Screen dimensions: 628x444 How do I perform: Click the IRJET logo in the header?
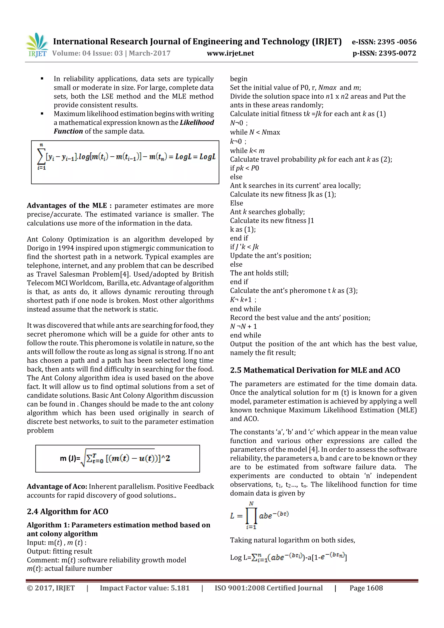[x=37, y=45]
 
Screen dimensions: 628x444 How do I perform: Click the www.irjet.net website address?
[x=230, y=53]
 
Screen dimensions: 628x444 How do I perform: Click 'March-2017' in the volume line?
[x=150, y=53]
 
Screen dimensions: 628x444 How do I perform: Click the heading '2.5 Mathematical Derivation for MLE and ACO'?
[x=315, y=370]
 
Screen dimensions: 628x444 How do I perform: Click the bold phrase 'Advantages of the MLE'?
[x=67, y=206]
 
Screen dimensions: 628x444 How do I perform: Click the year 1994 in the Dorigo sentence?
[x=66, y=248]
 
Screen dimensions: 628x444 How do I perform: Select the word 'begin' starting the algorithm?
[x=238, y=79]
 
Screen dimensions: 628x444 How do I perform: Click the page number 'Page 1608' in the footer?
[x=366, y=588]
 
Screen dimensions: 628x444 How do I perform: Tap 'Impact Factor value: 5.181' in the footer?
[x=144, y=588]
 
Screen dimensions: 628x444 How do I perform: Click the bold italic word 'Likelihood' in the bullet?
[x=197, y=122]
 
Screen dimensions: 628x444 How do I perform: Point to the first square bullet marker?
[x=42, y=79]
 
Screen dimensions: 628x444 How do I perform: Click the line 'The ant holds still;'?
[x=259, y=273]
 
